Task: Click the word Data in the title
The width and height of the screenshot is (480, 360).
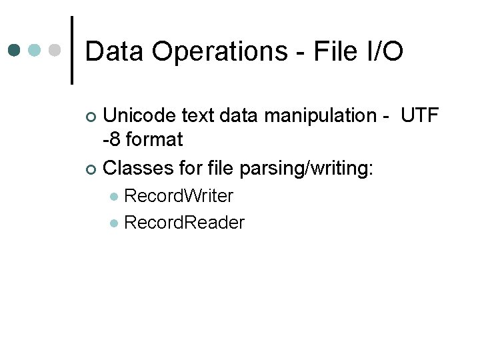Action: pyautogui.click(x=115, y=51)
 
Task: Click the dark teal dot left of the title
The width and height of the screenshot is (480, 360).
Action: pyautogui.click(x=15, y=50)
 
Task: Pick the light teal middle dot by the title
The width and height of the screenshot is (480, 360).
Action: pyautogui.click(x=35, y=50)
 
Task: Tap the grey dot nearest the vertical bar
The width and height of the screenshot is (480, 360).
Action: pyautogui.click(x=55, y=50)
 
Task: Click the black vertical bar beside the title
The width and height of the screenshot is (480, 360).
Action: pyautogui.click(x=72, y=50)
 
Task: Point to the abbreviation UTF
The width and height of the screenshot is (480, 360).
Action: pyautogui.click(x=419, y=116)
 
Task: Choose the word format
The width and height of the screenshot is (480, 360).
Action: pyautogui.click(x=153, y=141)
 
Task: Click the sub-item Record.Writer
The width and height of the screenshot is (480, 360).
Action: pyautogui.click(x=179, y=196)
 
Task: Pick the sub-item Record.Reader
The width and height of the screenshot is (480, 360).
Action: pyautogui.click(x=184, y=223)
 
